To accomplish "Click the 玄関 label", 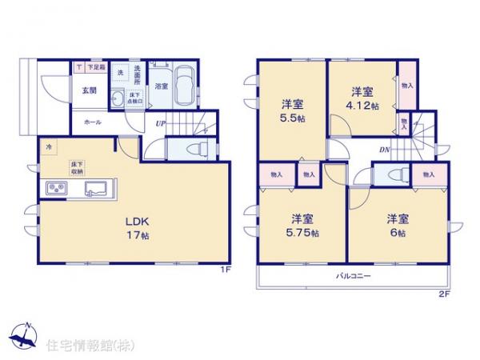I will click(88, 90).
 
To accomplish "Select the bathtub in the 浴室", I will click(184, 86).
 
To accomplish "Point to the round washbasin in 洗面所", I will click(118, 98).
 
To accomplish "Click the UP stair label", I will click(161, 123).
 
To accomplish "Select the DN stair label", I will click(385, 150).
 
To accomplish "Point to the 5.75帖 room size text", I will click(304, 233).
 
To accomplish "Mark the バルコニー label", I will click(353, 276).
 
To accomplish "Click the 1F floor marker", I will click(226, 270).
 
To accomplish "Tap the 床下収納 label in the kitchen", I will click(77, 167).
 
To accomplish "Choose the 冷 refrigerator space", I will click(48, 147).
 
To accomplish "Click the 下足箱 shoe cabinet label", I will click(97, 67).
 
